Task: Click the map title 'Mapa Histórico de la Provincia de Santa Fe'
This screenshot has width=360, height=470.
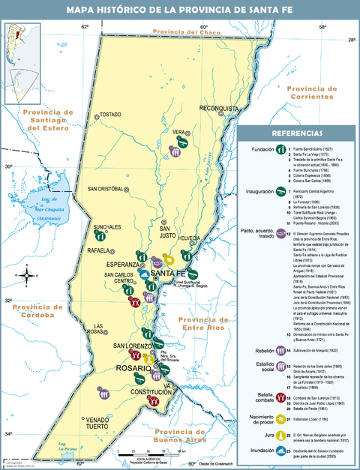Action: (x=180, y=10)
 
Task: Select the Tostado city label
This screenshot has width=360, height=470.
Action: (x=109, y=115)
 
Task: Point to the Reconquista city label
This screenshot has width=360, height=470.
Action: (x=223, y=109)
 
